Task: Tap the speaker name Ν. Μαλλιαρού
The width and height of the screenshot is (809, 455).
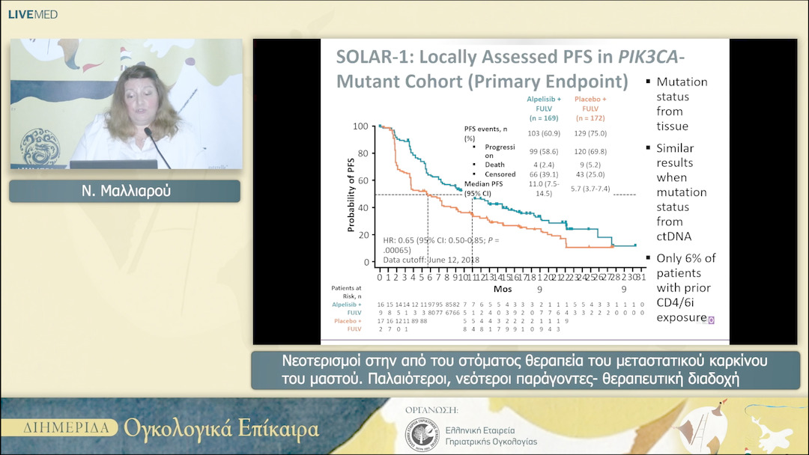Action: tap(124, 191)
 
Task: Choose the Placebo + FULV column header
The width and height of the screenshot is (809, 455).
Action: tap(591, 108)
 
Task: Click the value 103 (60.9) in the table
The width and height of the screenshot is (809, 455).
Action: tap(539, 132)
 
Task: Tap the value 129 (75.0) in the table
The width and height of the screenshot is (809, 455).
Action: tap(591, 132)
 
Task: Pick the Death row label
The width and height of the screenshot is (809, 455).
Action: tap(494, 165)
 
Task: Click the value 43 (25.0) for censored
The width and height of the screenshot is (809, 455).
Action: tap(591, 174)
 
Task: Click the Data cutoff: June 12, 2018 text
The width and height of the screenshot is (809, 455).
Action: tap(431, 260)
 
